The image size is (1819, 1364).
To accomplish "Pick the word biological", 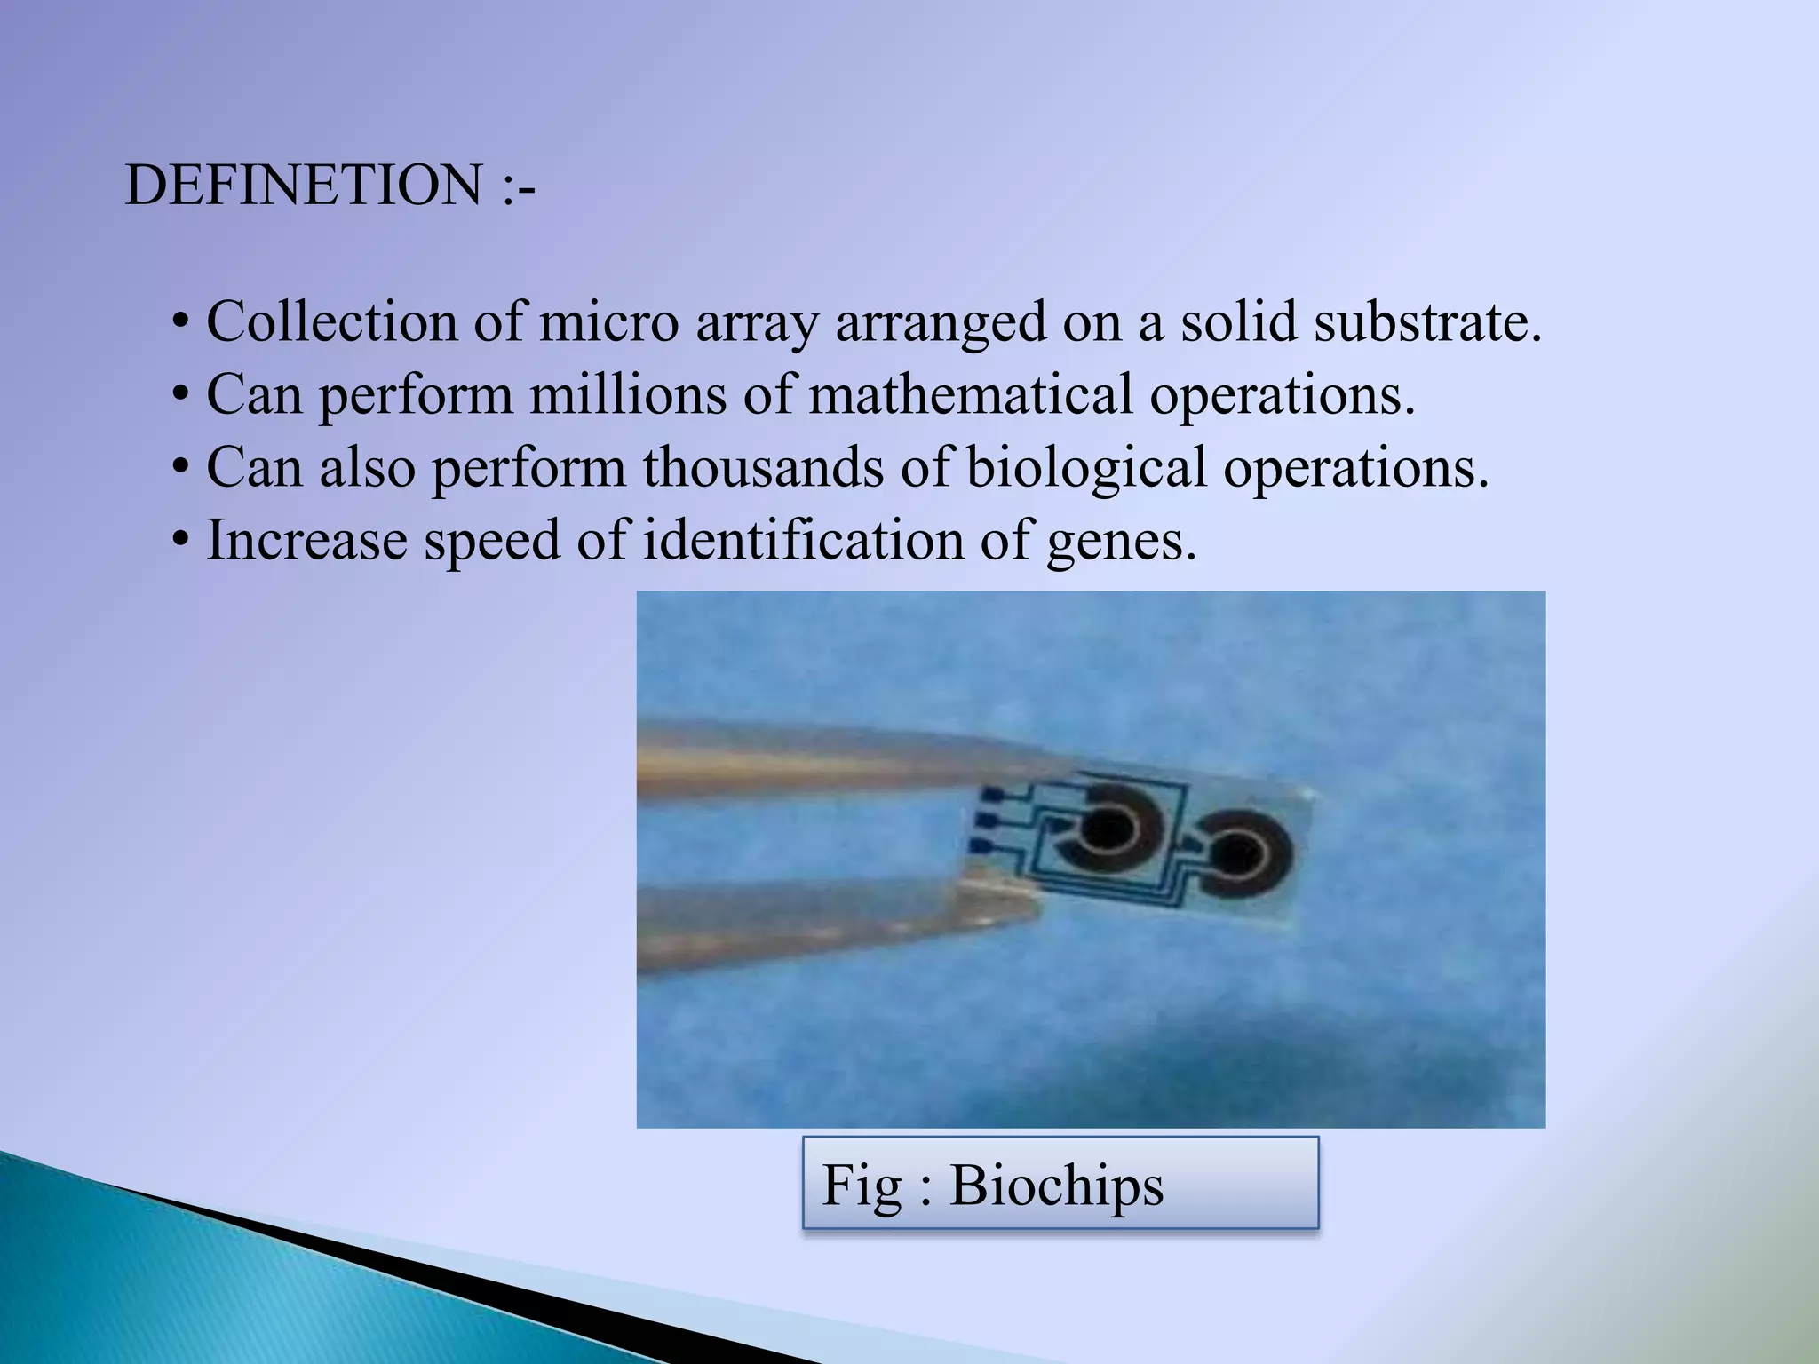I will pos(1085,469).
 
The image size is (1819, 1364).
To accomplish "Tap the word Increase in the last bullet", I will pos(306,540).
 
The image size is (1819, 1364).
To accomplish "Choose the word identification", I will pos(802,540).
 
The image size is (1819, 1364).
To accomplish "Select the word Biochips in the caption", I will pos(1056,1186).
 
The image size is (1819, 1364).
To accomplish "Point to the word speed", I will pos(491,542).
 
